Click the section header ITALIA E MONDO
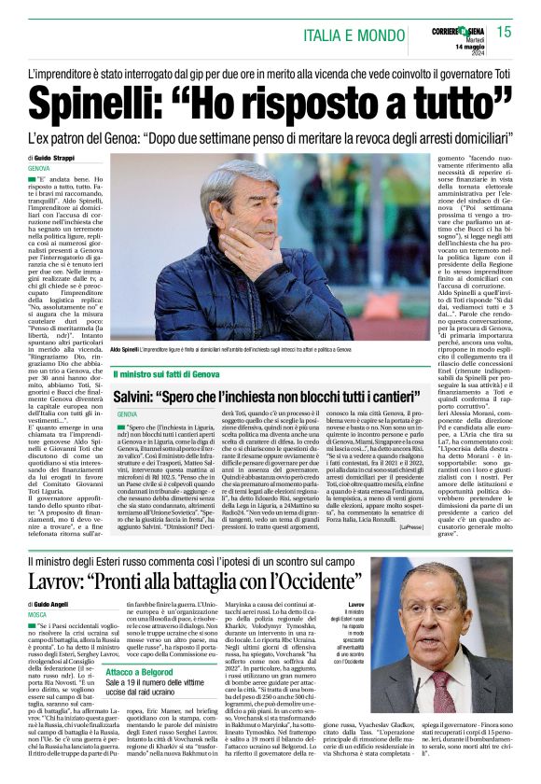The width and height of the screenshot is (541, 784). pos(355,35)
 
